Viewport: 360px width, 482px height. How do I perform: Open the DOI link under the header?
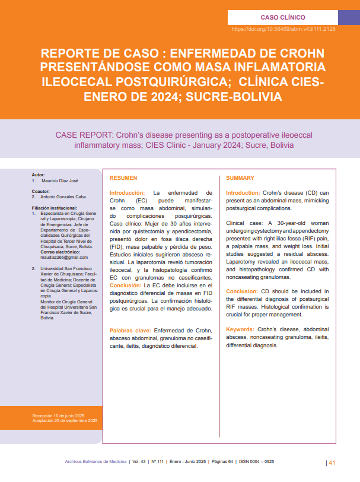click(283, 28)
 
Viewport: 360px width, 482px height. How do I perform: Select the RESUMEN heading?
click(123, 178)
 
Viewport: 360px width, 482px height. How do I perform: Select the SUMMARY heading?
click(240, 178)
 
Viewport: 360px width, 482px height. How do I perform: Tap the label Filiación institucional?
click(55, 208)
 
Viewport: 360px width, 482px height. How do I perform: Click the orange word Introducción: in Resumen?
click(128, 193)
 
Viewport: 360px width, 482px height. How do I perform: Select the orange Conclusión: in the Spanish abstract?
click(126, 286)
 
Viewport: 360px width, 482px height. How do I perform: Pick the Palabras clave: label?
click(130, 330)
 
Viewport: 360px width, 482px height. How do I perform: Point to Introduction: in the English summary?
click(243, 193)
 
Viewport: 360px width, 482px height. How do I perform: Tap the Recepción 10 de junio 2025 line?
click(59, 416)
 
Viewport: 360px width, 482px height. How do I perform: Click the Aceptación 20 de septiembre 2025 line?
click(65, 421)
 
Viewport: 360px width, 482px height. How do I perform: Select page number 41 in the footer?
click(332, 463)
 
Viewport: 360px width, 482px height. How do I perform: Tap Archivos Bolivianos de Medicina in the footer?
click(96, 461)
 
